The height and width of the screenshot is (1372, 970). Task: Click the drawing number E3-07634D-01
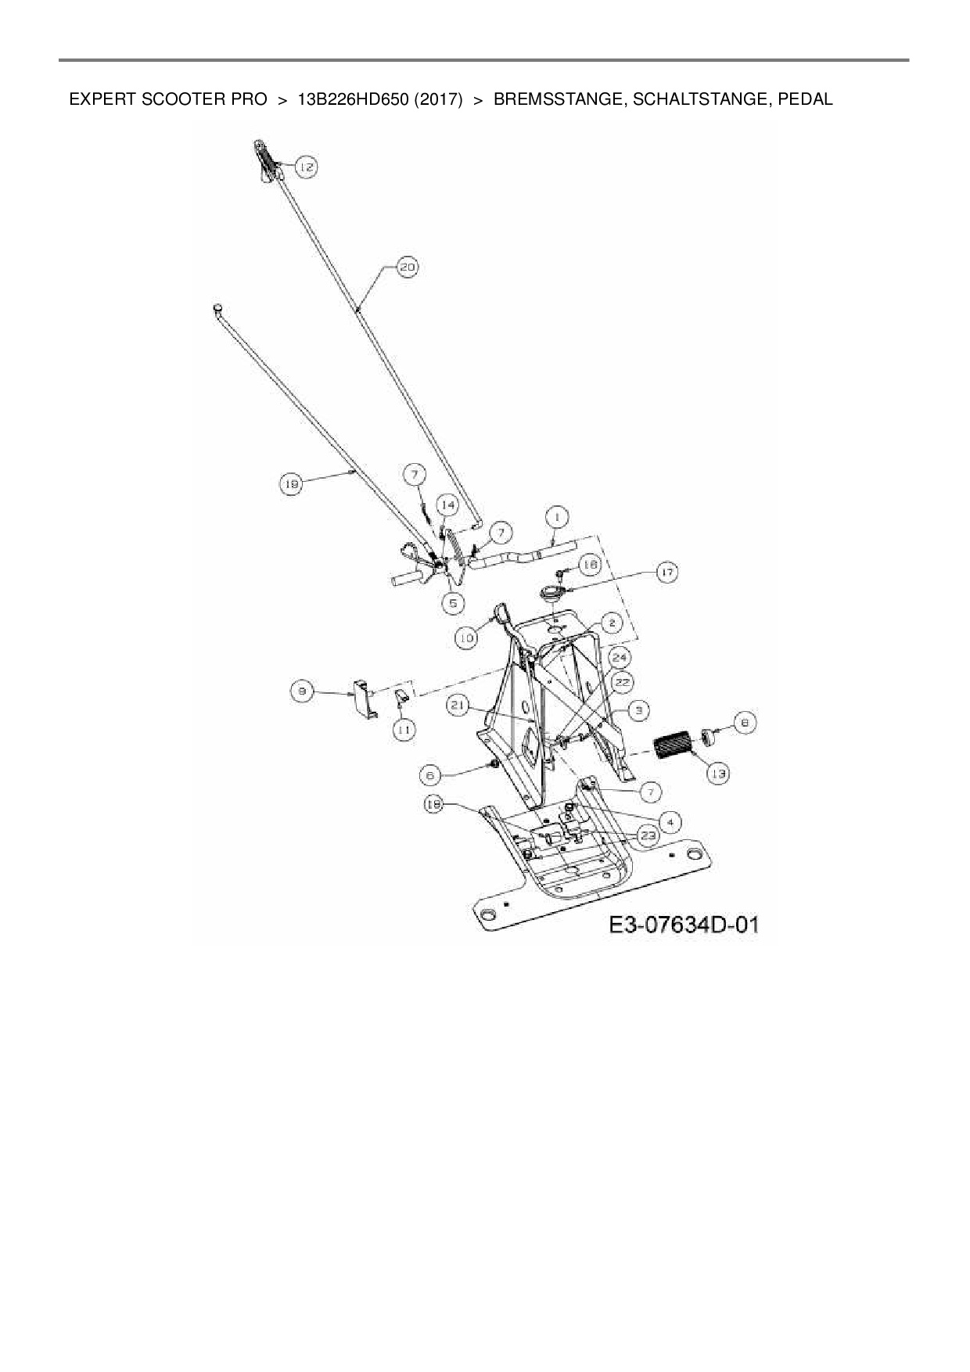[x=684, y=925]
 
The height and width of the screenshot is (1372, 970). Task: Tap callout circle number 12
[x=306, y=167]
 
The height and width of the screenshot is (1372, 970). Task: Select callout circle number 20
[x=407, y=268]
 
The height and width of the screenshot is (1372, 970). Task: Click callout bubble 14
[x=447, y=505]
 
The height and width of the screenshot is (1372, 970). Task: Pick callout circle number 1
[x=557, y=517]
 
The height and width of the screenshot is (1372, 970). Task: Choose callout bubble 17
[x=666, y=573]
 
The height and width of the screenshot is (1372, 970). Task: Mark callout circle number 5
[x=453, y=603]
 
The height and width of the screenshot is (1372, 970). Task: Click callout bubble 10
[x=467, y=638]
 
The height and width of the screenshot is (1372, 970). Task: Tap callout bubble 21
[x=458, y=706]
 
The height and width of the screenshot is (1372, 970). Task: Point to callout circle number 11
[x=404, y=730]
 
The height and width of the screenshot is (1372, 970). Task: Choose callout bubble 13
[x=718, y=774]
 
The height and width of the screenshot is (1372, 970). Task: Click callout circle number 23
[x=648, y=835]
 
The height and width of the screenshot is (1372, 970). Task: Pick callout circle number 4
[x=670, y=822]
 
